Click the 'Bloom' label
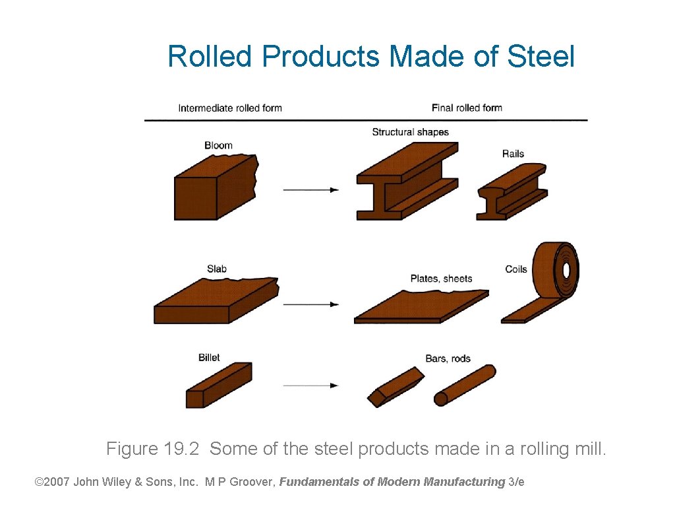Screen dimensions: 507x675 [218, 145]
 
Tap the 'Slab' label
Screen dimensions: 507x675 [217, 269]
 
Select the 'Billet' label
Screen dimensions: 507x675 [209, 358]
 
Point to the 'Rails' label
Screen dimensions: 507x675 [513, 154]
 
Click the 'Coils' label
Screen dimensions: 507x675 [516, 269]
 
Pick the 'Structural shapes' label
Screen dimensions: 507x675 [410, 132]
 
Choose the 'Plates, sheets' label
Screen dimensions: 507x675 [441, 279]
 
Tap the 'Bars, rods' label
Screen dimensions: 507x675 [448, 358]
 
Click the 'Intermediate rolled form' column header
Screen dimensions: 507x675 [230, 108]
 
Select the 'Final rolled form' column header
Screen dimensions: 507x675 [467, 108]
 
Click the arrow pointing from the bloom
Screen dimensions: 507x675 [310, 190]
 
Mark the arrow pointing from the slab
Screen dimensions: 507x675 [310, 304]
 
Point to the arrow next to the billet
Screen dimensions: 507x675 [310, 386]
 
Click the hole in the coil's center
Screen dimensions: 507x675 [566, 270]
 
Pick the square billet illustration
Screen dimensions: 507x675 [218, 386]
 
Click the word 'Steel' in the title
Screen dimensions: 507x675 [541, 57]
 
